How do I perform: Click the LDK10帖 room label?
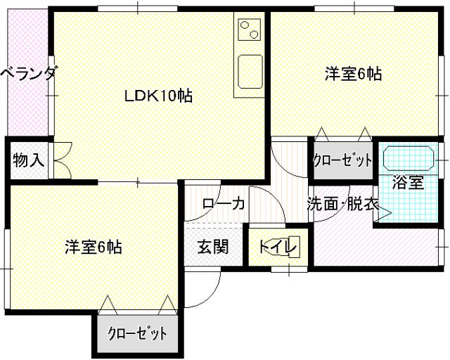tap(159, 96)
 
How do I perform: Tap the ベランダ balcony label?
tap(27, 74)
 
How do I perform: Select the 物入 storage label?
tap(28, 160)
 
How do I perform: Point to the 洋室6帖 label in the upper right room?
tap(353, 73)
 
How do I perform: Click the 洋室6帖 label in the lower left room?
tap(94, 247)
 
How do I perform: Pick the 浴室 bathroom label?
tap(408, 183)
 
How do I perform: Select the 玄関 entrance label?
tap(212, 247)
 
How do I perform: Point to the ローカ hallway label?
tap(223, 204)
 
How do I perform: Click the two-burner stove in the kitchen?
tap(249, 30)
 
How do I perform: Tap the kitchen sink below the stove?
tap(249, 70)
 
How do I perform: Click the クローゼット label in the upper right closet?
tap(342, 160)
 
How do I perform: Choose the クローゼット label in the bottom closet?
tap(137, 333)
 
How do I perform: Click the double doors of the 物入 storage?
tap(61, 160)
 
